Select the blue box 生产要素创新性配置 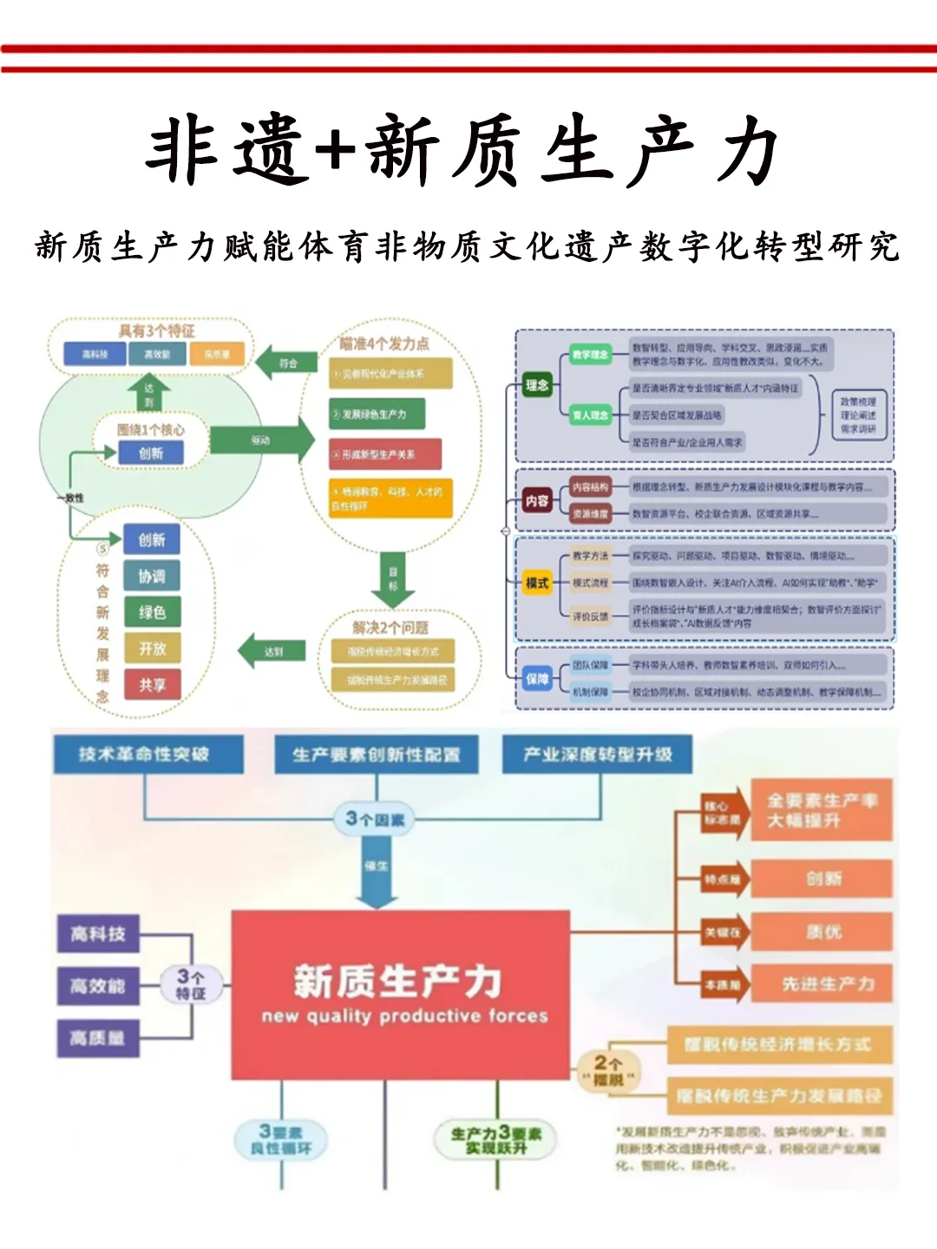(x=376, y=755)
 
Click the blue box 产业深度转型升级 (x=598, y=755)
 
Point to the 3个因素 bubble (x=375, y=819)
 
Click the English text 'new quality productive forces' (x=404, y=1016)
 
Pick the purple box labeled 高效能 (x=98, y=986)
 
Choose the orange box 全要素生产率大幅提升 (x=821, y=810)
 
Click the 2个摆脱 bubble (x=608, y=1070)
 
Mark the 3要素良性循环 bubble (x=280, y=1140)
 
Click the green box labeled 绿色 (x=152, y=612)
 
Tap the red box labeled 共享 (x=152, y=685)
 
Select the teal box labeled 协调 (x=152, y=576)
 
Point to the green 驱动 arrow (x=261, y=441)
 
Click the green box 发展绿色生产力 (x=377, y=415)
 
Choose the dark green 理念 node (x=537, y=385)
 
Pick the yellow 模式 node (x=537, y=583)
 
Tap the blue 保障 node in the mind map (x=537, y=679)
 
